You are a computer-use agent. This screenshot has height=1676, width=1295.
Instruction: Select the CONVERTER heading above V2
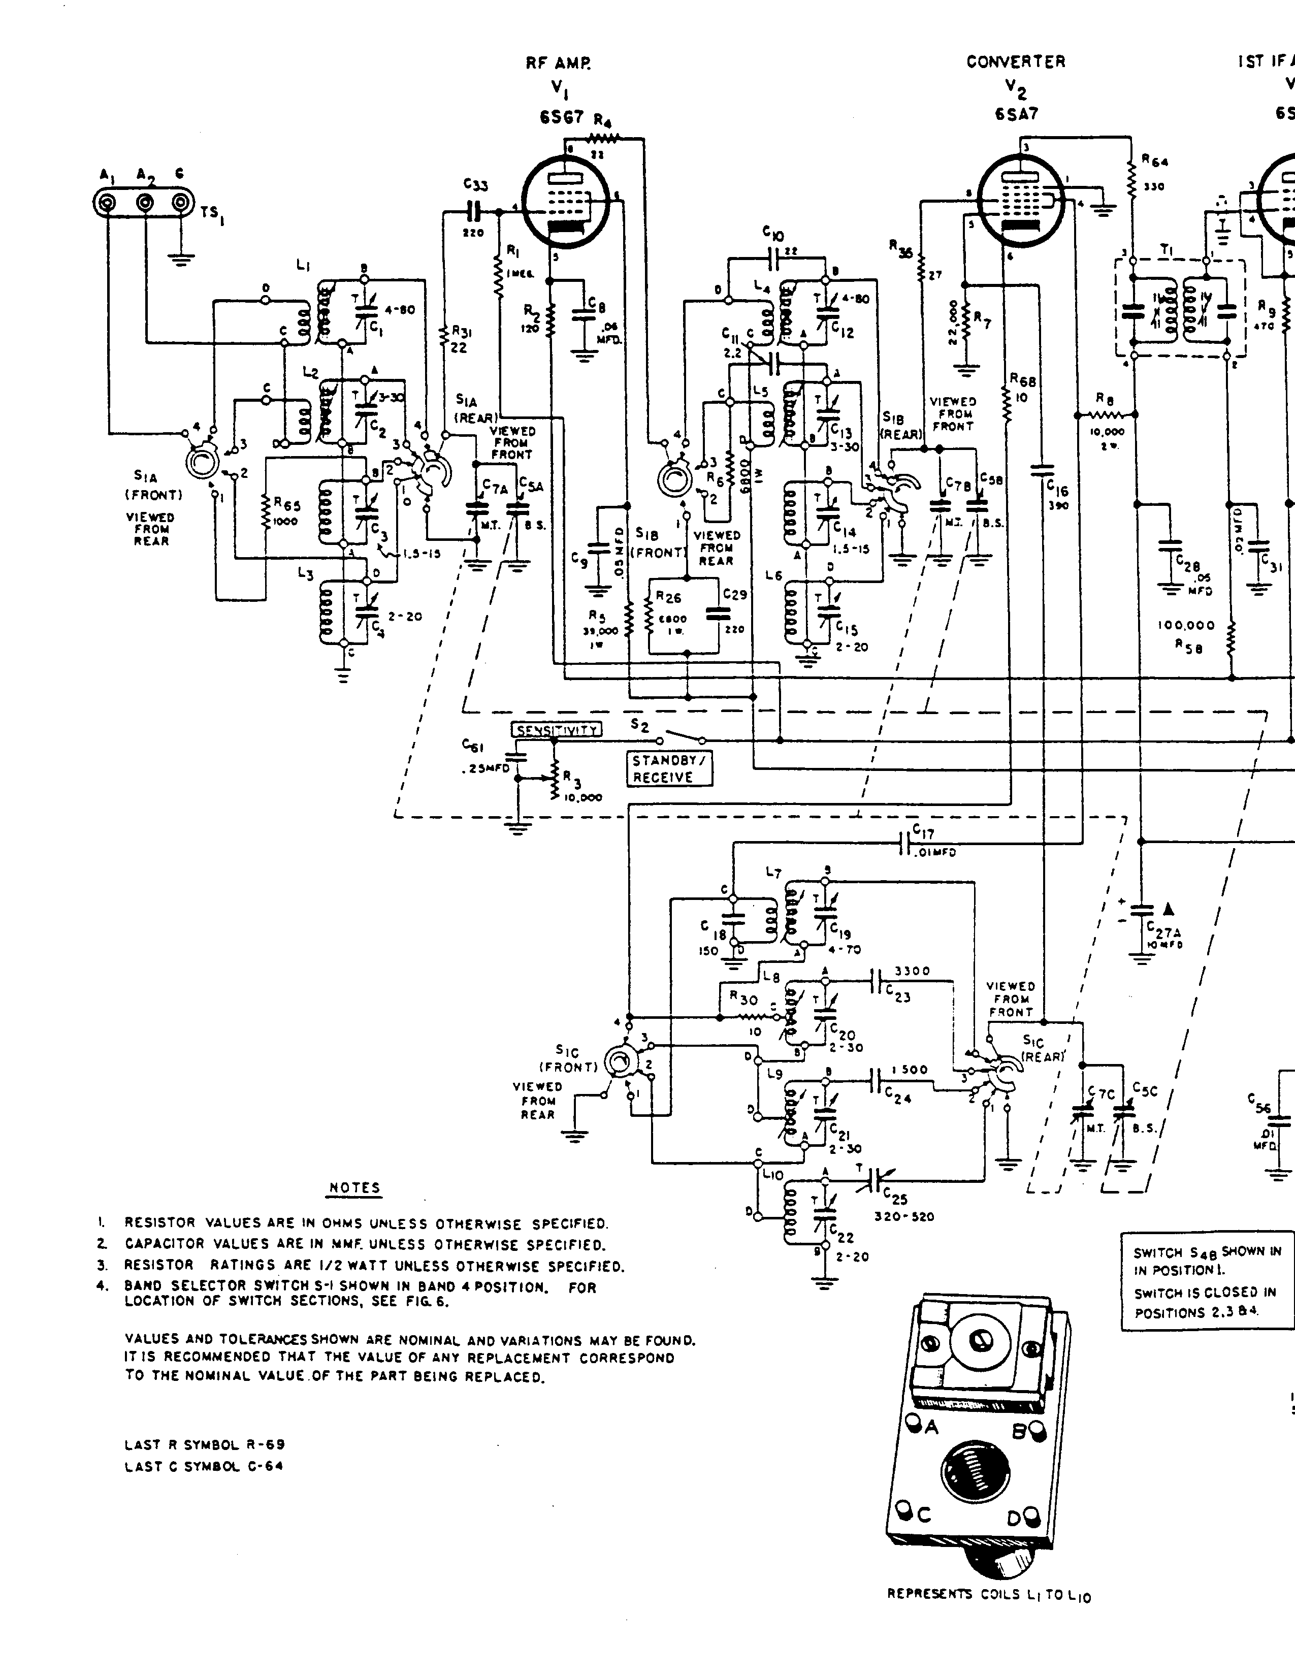click(x=1016, y=62)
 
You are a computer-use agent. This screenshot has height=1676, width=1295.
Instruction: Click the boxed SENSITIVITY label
click(x=557, y=730)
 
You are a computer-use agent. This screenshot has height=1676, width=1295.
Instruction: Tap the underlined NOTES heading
click(x=354, y=1188)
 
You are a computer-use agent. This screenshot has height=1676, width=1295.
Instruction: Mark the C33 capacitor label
click(x=476, y=185)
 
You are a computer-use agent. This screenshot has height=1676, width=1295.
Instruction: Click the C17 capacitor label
click(x=923, y=832)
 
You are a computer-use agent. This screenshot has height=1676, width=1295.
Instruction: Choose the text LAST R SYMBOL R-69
click(x=205, y=1445)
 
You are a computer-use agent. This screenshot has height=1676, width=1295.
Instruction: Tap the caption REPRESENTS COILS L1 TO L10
click(x=988, y=1595)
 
